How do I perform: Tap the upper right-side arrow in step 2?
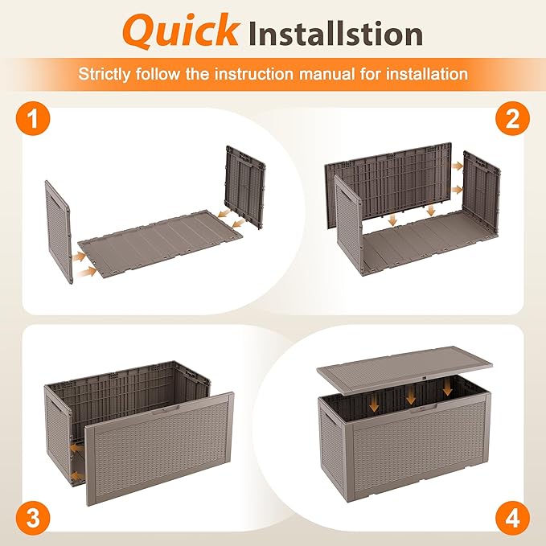tap(458, 166)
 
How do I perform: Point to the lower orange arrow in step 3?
tap(74, 477)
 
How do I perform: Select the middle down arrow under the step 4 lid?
tap(411, 396)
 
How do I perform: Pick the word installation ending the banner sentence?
tap(427, 74)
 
